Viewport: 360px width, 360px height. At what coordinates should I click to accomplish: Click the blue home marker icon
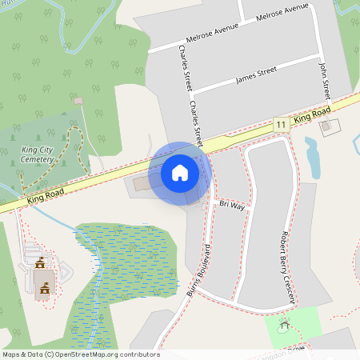pyautogui.click(x=180, y=172)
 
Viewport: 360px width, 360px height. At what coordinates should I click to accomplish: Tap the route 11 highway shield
pyautogui.click(x=280, y=125)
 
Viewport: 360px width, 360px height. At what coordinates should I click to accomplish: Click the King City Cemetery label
pyautogui.click(x=33, y=154)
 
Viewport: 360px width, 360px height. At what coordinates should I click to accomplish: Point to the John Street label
pyautogui.click(x=324, y=79)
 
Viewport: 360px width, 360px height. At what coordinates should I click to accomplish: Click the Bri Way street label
pyautogui.click(x=232, y=206)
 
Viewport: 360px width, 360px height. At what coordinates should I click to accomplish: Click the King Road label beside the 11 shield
pyautogui.click(x=312, y=118)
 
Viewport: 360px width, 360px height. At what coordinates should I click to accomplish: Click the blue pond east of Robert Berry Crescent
pyautogui.click(x=312, y=158)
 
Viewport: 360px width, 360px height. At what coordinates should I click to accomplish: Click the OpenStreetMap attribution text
pyautogui.click(x=80, y=354)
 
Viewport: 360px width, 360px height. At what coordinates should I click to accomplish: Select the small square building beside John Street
pyautogui.click(x=329, y=126)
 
